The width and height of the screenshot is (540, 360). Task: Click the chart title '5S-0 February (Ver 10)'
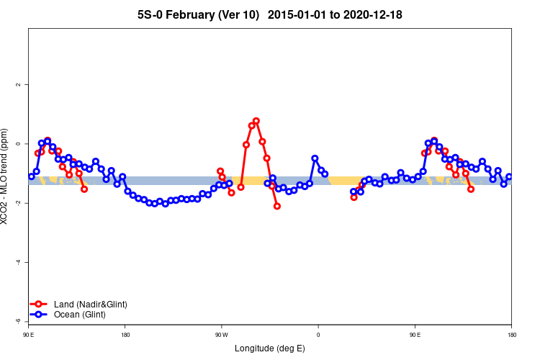click(198, 14)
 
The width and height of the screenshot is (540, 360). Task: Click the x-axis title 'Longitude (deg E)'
click(270, 348)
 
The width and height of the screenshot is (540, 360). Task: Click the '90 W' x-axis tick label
click(220, 335)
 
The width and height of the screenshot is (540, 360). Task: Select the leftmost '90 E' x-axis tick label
click(28, 335)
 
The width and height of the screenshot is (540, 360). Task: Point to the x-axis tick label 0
click(318, 335)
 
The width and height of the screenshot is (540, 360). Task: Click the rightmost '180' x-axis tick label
click(511, 335)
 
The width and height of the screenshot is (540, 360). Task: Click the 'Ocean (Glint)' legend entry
click(79, 315)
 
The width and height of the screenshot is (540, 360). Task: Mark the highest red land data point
click(256, 121)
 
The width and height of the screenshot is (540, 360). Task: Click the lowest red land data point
click(277, 207)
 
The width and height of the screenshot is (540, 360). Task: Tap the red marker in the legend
click(39, 305)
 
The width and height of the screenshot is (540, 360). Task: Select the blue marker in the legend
click(39, 315)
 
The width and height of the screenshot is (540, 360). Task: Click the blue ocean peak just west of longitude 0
click(315, 158)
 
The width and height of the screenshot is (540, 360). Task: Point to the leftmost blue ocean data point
click(32, 176)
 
